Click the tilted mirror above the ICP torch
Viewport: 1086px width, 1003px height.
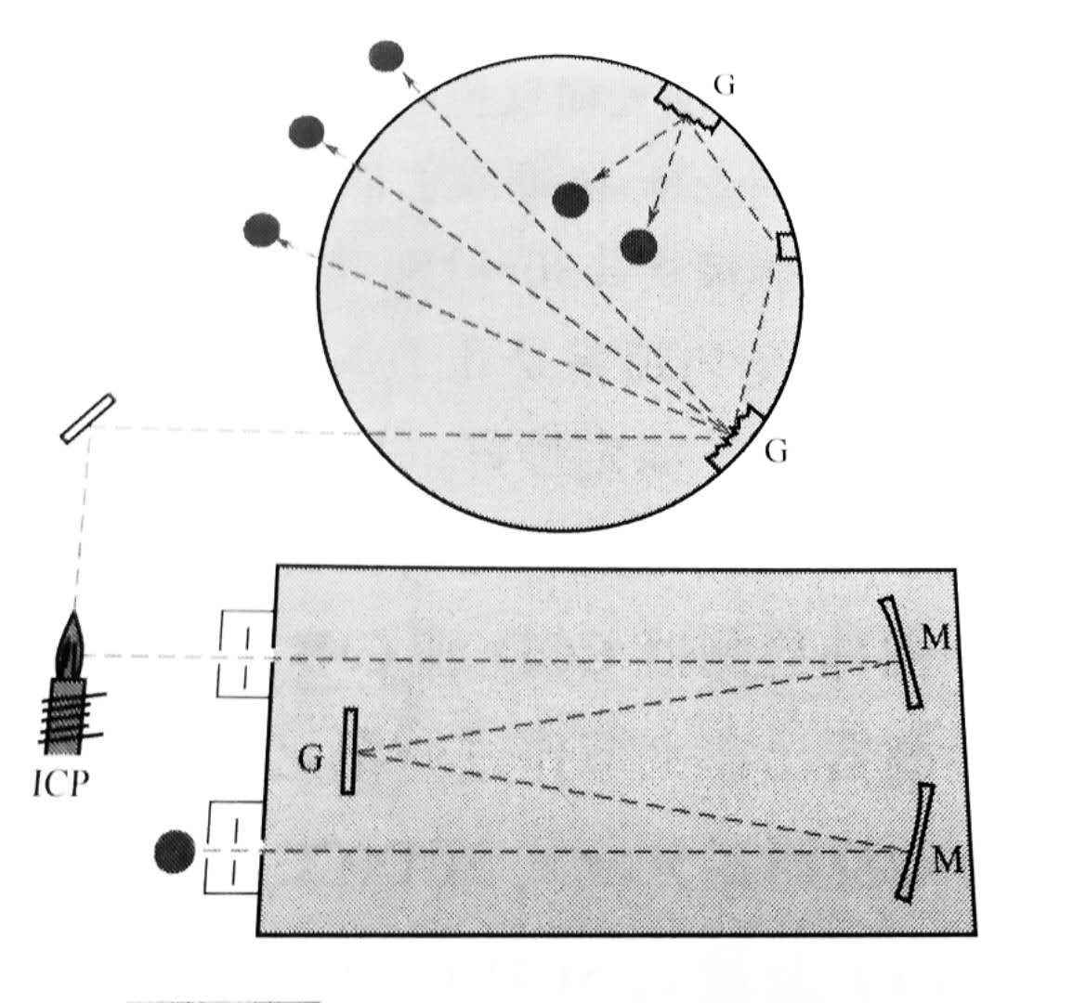88,419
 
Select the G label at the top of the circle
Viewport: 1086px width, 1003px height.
725,85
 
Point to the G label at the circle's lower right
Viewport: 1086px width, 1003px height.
777,452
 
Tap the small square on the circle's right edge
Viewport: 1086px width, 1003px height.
786,247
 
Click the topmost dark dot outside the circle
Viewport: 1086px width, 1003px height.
386,57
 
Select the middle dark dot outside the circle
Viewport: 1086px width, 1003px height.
306,133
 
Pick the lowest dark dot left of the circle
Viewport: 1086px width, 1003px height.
261,229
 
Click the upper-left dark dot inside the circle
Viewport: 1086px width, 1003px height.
570,199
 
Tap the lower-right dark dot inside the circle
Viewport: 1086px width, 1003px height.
639,246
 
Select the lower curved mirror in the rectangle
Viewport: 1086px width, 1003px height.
915,841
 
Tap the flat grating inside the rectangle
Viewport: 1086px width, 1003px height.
349,751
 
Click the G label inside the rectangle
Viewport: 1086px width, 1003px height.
313,759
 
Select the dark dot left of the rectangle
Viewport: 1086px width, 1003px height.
175,852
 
